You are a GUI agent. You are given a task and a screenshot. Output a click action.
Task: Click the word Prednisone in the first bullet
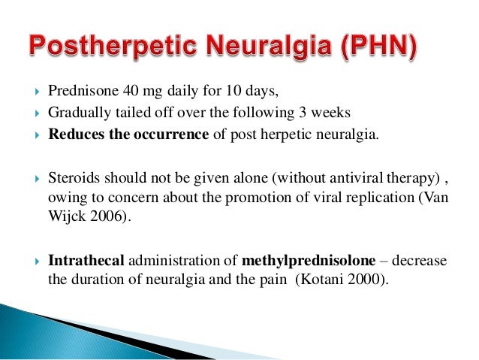[x=78, y=92]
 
